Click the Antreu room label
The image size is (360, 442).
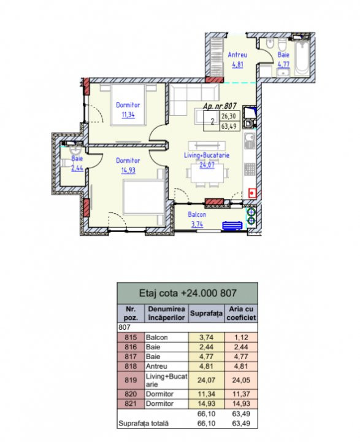[x=237, y=55]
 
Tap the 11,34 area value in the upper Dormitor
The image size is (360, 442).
[x=128, y=115]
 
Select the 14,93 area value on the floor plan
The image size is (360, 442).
[x=128, y=170]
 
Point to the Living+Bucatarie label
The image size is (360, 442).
[x=207, y=155]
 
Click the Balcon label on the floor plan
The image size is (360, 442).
[x=197, y=214]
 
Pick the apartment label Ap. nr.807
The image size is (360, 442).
[x=220, y=106]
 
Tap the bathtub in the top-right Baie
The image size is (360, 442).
[x=302, y=58]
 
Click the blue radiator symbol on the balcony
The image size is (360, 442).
[x=232, y=225]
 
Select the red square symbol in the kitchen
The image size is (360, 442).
[x=253, y=193]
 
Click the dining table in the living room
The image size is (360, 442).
[x=208, y=173]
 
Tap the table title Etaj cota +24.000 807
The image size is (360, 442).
[x=188, y=293]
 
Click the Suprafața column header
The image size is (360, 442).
[x=206, y=313]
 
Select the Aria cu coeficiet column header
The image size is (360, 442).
[x=241, y=313]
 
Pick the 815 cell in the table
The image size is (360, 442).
[x=131, y=338]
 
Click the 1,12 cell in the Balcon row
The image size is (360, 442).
[x=241, y=338]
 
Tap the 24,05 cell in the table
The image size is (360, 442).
[x=241, y=380]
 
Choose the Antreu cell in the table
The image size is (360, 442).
[x=156, y=366]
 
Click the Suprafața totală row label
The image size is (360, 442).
[x=144, y=424]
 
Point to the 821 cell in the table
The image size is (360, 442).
[x=131, y=403]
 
